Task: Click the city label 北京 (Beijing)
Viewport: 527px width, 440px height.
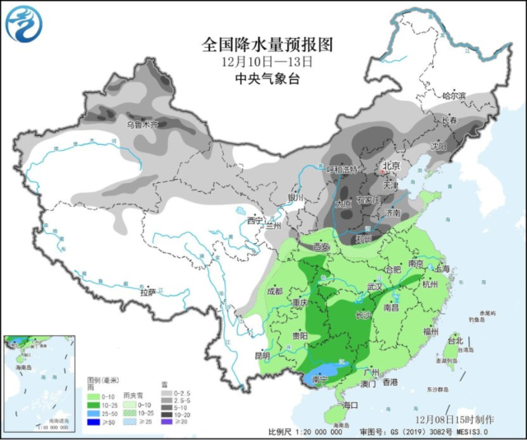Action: click(x=390, y=166)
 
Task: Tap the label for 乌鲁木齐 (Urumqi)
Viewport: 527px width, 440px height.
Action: click(x=142, y=124)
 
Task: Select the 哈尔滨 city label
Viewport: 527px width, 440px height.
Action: click(x=454, y=96)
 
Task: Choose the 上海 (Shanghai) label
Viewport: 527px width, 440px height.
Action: click(x=441, y=269)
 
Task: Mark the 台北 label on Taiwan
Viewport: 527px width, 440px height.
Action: click(x=455, y=339)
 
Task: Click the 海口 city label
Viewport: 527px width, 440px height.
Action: click(x=351, y=405)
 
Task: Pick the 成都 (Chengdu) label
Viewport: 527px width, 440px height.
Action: click(x=274, y=292)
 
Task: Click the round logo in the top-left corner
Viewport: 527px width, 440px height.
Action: click(x=22, y=23)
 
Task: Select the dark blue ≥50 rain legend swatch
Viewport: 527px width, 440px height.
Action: click(x=93, y=420)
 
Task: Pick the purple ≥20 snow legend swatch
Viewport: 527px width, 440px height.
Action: click(x=167, y=420)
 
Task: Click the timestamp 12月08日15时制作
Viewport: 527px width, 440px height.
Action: click(x=468, y=420)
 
